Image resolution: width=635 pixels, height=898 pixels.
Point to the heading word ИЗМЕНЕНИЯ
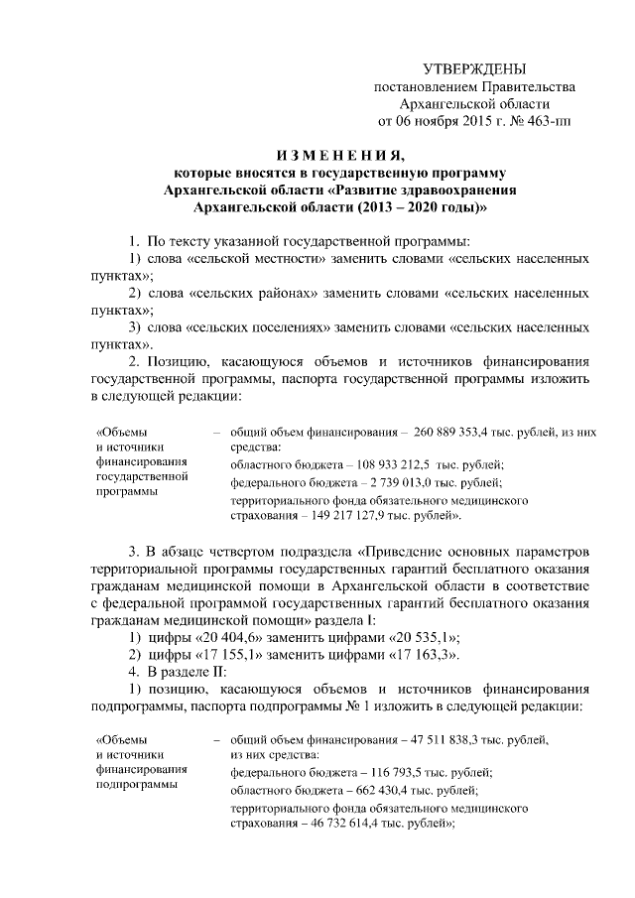[339, 155]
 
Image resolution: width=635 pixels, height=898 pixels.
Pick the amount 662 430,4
[365, 790]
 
